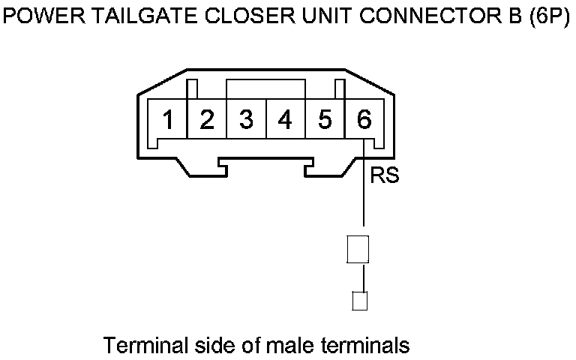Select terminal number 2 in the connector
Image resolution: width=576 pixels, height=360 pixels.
pyautogui.click(x=208, y=120)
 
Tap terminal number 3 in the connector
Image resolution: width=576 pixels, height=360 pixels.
pyautogui.click(x=246, y=120)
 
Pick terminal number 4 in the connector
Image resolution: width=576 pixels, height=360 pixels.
pyautogui.click(x=285, y=120)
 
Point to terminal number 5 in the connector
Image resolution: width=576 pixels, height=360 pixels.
pyautogui.click(x=325, y=120)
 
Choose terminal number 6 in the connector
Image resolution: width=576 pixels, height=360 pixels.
pyautogui.click(x=364, y=120)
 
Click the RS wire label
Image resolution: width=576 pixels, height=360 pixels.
pyautogui.click(x=384, y=176)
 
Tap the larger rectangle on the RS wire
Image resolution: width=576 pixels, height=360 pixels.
pyautogui.click(x=358, y=249)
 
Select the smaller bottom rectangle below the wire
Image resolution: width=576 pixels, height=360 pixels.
pyautogui.click(x=359, y=301)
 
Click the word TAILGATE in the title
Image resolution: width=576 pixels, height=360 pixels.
pyautogui.click(x=124, y=16)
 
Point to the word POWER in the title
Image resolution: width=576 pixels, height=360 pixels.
pyautogui.click(x=38, y=16)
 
